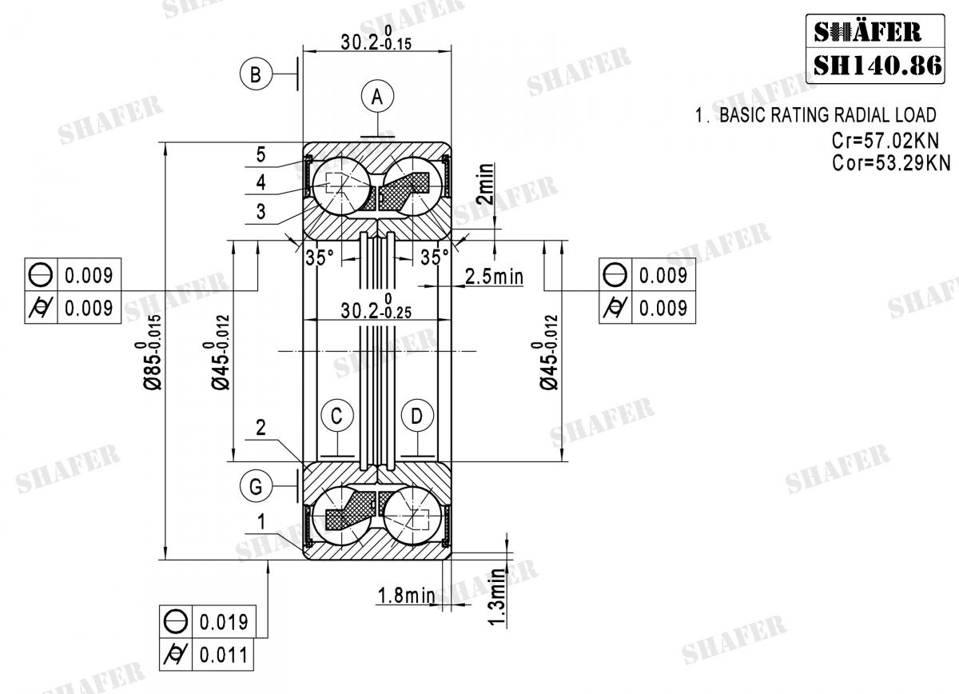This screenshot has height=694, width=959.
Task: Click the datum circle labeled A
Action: [379, 97]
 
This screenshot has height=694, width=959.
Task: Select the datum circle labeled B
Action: [255, 74]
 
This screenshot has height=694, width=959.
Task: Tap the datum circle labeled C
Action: [336, 416]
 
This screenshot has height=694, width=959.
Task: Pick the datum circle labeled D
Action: [416, 416]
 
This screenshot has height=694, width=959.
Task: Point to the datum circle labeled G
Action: [255, 485]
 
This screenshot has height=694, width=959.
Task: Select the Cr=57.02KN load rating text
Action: [885, 141]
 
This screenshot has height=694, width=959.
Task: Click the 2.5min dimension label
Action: [493, 277]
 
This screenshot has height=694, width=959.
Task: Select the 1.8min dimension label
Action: [405, 595]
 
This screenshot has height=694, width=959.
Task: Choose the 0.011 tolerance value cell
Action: [223, 655]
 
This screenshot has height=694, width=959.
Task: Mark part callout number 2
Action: [261, 428]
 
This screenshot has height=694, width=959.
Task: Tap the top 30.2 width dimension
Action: [375, 42]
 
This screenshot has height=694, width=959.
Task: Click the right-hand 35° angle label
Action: [435, 257]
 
